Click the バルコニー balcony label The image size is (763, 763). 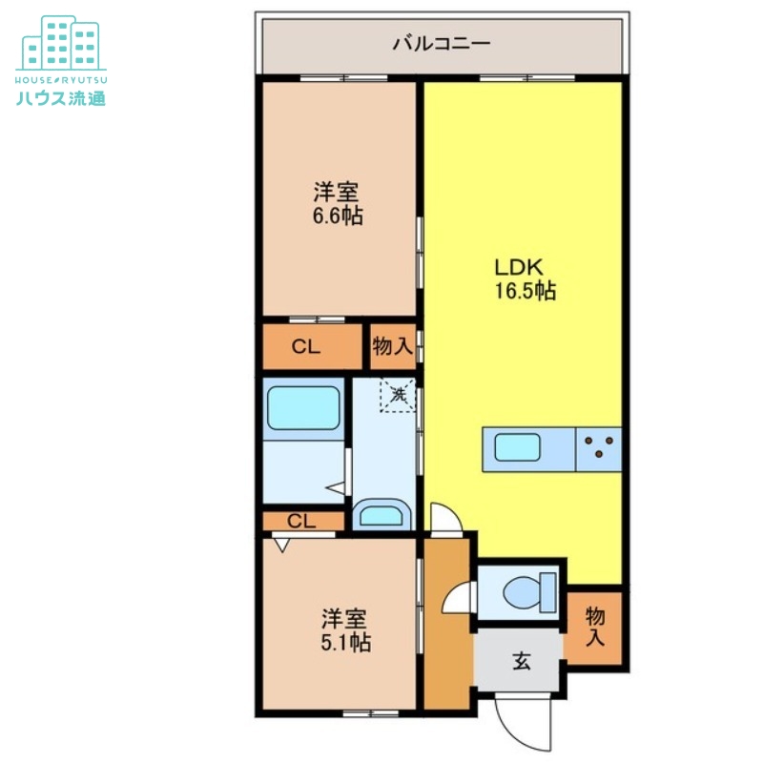[441, 44]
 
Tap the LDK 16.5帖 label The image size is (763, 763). [526, 278]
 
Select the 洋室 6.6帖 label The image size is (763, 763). [338, 203]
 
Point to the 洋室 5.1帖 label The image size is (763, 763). [345, 630]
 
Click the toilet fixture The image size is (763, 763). [529, 592]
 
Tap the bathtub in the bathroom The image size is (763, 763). [303, 408]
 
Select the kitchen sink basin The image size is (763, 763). [517, 447]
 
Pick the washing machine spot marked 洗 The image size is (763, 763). [398, 395]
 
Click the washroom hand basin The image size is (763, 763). [381, 515]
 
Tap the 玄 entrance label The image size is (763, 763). [521, 662]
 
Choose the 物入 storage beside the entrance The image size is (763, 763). [594, 627]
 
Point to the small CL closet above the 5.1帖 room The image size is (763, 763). [302, 521]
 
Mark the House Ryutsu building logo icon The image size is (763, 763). [61, 43]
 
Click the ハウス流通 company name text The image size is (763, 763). [61, 99]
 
